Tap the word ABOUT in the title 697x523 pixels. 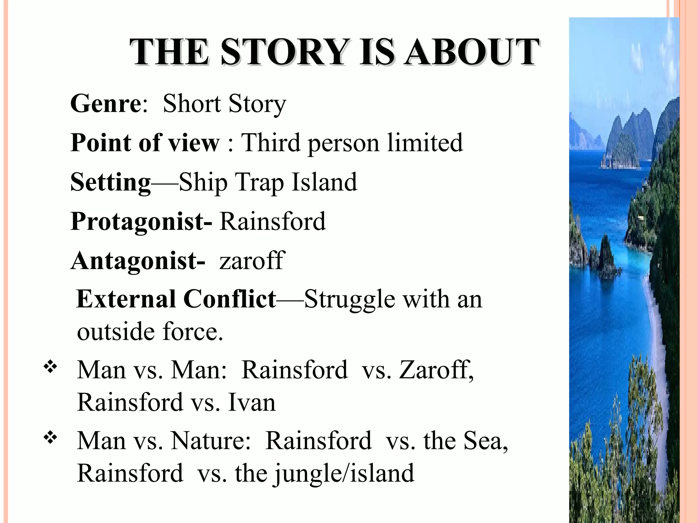472,53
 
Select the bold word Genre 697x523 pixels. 105,104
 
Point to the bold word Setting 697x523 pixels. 110,183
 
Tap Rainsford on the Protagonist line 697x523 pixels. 273,222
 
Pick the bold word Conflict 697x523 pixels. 229,299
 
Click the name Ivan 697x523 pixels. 252,402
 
